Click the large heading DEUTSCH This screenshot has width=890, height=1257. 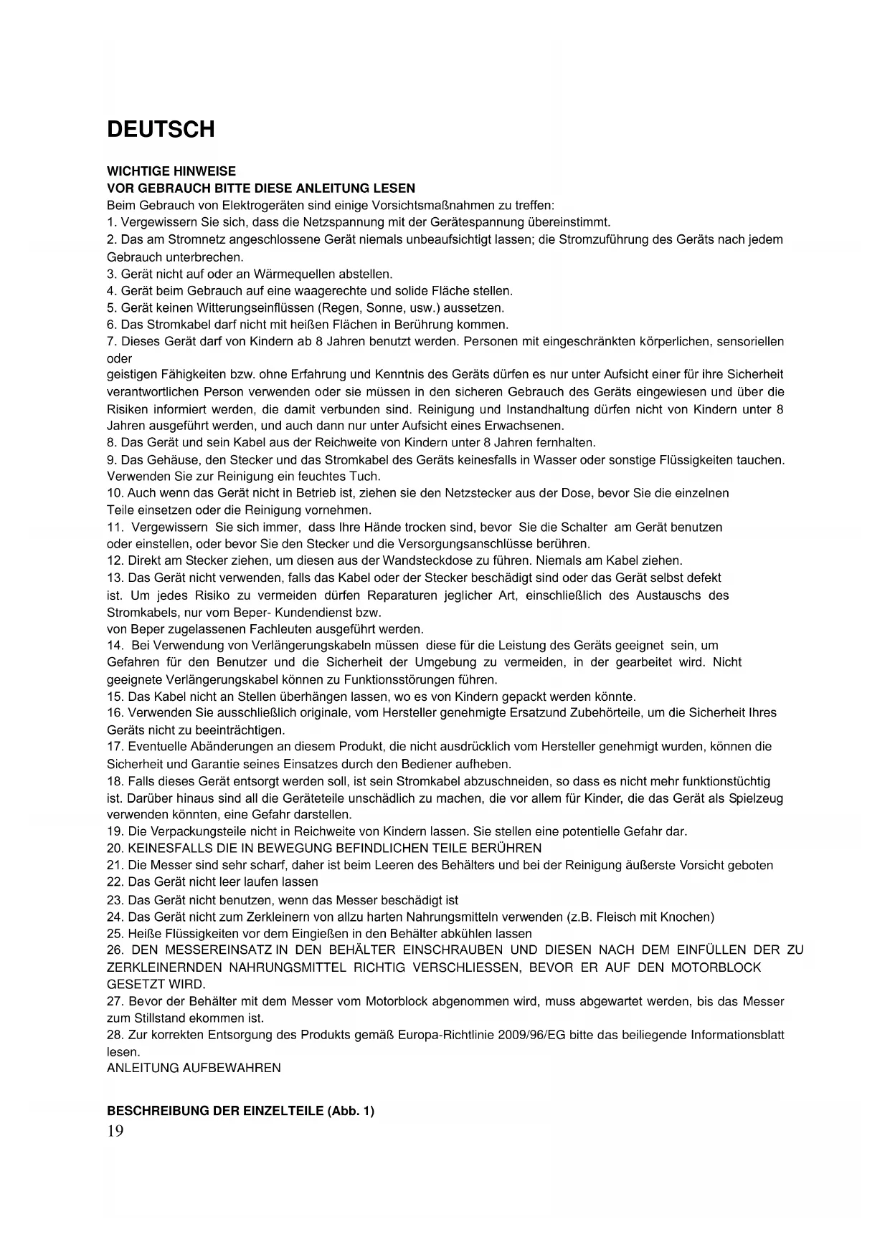pos(161,130)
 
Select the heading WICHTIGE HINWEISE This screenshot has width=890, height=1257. pos(171,171)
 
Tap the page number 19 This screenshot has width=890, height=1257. pos(115,1132)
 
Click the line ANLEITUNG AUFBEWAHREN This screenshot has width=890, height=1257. pos(194,1068)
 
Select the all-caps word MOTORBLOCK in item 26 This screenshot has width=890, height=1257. pos(716,967)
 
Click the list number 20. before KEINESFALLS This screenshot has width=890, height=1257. pos(115,848)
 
